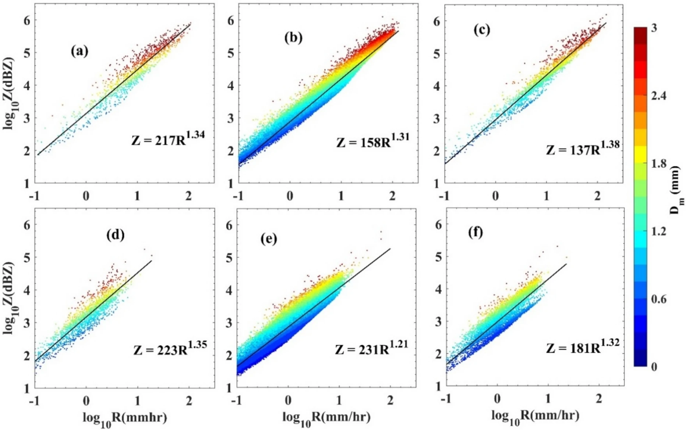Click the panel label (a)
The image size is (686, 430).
click(x=79, y=51)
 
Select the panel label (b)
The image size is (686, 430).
click(x=293, y=38)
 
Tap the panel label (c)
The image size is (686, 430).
click(x=482, y=30)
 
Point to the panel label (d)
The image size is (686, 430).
click(x=115, y=235)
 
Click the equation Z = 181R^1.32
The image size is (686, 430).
click(x=583, y=346)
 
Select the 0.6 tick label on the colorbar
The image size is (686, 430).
click(x=659, y=299)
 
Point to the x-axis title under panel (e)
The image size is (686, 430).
click(x=326, y=417)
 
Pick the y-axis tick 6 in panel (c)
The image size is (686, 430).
click(x=436, y=21)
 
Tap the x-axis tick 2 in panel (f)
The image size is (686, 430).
click(x=599, y=399)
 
